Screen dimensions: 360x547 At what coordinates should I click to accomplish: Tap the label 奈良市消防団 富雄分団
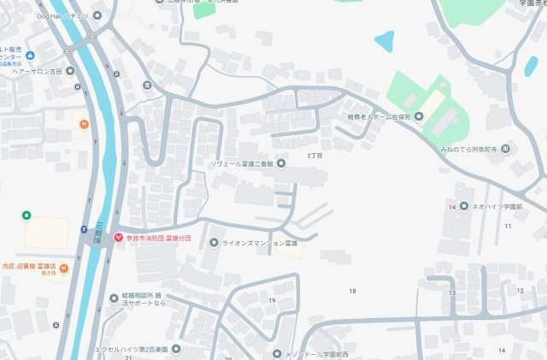click(x=159, y=238)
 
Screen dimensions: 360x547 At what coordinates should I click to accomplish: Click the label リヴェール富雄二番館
click(x=242, y=163)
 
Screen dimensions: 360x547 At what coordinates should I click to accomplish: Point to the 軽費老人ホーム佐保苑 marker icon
click(x=419, y=117)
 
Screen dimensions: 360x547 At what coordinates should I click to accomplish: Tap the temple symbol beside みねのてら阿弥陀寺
click(x=505, y=150)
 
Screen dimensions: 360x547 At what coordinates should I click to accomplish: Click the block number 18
click(x=351, y=292)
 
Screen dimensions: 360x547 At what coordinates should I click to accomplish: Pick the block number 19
click(x=272, y=301)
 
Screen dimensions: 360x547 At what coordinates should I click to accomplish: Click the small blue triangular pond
click(x=384, y=40)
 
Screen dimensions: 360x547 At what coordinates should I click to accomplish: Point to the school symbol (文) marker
click(x=147, y=85)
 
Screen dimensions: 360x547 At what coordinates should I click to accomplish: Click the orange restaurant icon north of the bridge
click(x=84, y=126)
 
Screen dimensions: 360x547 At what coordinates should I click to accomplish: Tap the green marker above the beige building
click(x=26, y=215)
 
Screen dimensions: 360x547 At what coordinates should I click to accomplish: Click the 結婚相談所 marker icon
click(x=114, y=298)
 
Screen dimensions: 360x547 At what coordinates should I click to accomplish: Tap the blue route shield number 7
click(x=83, y=229)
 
